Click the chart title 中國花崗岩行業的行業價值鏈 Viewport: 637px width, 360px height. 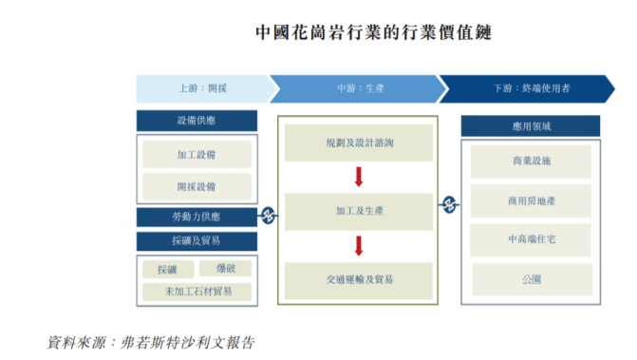(373, 32)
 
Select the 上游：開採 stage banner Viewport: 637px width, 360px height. (202, 88)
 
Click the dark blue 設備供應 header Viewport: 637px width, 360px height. (197, 122)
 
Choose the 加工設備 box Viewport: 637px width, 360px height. (197, 155)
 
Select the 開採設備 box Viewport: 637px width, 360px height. (197, 186)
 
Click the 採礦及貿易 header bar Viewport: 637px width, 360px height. (197, 241)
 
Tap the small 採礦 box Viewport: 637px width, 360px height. (167, 270)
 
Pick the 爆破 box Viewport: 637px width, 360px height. (226, 269)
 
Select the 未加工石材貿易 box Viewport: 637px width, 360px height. (197, 292)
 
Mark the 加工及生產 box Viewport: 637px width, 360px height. (358, 212)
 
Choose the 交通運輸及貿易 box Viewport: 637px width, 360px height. (358, 279)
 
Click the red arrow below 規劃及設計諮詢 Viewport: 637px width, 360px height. (359, 177)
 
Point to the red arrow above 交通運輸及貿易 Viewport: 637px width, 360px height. (359, 246)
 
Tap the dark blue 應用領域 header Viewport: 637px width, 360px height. (531, 126)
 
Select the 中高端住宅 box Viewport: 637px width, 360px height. (531, 239)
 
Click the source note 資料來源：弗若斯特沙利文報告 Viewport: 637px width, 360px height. (152, 341)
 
